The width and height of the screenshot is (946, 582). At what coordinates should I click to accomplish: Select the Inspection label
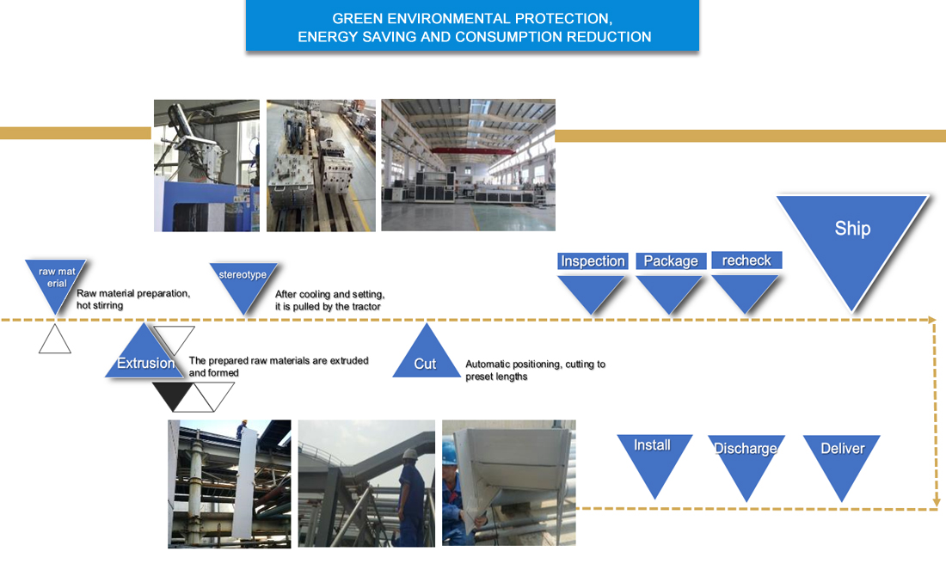click(x=593, y=261)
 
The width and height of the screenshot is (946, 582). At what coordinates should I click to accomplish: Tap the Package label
click(x=671, y=261)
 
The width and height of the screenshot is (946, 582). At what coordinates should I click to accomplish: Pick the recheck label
click(x=746, y=260)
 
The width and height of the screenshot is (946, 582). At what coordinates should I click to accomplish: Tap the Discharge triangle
click(x=746, y=460)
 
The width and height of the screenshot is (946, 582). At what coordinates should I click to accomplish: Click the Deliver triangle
click(x=842, y=460)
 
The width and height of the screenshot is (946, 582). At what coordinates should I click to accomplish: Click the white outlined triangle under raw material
click(x=55, y=340)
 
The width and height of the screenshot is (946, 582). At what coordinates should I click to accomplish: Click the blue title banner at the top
click(x=472, y=28)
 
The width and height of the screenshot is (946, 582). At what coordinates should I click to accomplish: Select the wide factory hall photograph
click(x=468, y=164)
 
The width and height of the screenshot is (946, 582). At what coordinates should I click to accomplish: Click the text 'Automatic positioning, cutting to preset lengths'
click(x=535, y=371)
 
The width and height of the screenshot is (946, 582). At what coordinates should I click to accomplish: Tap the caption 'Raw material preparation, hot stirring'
click(x=132, y=299)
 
